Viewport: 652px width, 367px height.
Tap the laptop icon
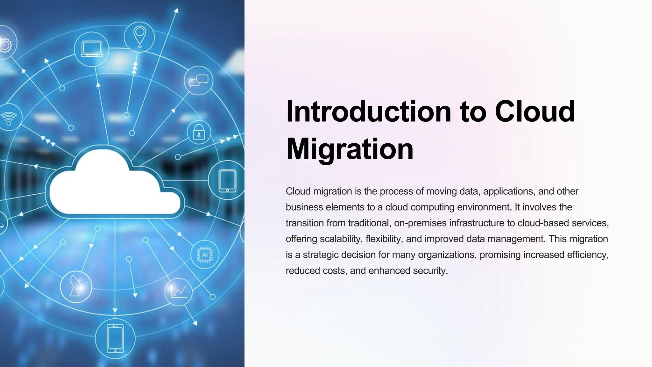pyautogui.click(x=92, y=49)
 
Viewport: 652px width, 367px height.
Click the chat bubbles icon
pyautogui.click(x=198, y=81)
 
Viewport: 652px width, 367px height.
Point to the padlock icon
pyautogui.click(x=199, y=132)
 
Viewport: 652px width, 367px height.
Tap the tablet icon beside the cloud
pyautogui.click(x=227, y=181)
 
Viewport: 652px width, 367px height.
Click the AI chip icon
pyautogui.click(x=204, y=255)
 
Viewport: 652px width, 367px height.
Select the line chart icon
pyautogui.click(x=178, y=292)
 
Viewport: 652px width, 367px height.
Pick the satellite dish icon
pyautogui.click(x=76, y=287)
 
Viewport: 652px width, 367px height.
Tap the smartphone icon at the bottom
pyautogui.click(x=115, y=338)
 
